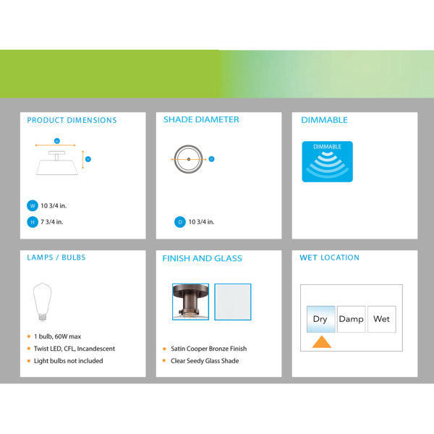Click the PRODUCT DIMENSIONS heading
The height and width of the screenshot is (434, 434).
(72, 120)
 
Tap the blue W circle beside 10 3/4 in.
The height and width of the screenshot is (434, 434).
(33, 205)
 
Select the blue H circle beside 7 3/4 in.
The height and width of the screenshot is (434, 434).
(33, 222)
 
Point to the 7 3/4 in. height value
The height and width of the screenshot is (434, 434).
(52, 222)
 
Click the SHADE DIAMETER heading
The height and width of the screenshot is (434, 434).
(201, 119)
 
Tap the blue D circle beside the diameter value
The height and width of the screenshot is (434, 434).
(180, 222)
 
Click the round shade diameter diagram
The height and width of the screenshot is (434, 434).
(189, 159)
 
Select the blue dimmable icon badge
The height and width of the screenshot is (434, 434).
(327, 161)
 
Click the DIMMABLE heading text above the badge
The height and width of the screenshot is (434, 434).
(324, 120)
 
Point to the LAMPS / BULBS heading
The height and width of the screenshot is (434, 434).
(56, 258)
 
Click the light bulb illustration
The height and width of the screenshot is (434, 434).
(43, 302)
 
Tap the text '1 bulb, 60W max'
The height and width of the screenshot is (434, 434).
(58, 336)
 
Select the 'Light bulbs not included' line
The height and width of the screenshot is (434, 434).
(69, 361)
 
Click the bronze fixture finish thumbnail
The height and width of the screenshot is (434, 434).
(190, 302)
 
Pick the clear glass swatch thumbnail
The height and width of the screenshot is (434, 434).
(233, 302)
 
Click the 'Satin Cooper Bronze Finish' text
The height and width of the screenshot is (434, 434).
(209, 349)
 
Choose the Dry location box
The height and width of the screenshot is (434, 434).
(320, 319)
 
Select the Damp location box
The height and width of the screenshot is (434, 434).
(352, 319)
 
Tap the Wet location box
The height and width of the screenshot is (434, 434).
(382, 319)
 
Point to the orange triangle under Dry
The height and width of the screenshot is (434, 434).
(322, 342)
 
